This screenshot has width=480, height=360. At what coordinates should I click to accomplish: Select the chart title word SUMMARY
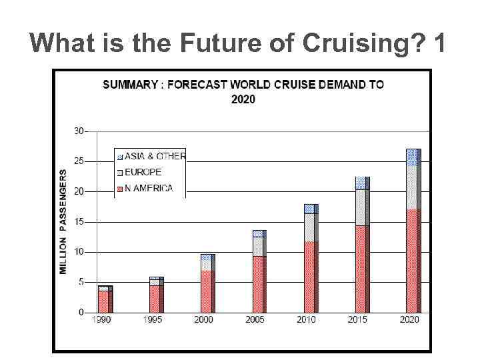(131, 85)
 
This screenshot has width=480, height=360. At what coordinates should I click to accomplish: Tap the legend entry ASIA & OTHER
(155, 156)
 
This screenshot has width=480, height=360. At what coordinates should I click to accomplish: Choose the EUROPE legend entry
(143, 172)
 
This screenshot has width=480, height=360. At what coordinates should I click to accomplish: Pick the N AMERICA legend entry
(148, 188)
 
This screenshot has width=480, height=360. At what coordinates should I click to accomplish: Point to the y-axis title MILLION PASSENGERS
(63, 221)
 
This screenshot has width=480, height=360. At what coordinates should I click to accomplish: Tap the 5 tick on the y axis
(81, 282)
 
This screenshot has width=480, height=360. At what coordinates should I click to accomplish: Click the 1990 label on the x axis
(102, 320)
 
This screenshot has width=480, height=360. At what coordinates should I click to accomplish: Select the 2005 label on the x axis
(255, 320)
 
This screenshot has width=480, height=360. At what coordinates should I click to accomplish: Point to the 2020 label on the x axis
(409, 320)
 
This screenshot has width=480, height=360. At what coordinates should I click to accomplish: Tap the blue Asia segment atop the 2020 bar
(413, 157)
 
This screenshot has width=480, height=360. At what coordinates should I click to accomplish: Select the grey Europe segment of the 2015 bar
(362, 207)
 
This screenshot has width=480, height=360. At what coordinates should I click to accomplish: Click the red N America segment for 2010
(311, 277)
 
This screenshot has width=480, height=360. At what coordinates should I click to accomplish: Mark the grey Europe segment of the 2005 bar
(259, 246)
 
